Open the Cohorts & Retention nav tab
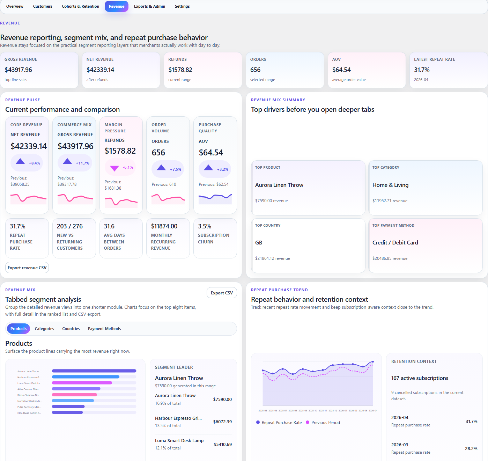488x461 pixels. (x=80, y=6)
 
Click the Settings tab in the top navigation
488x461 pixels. (x=182, y=6)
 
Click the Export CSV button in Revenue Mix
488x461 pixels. (x=222, y=293)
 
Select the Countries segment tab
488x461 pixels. (x=71, y=329)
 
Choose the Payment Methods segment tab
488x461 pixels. (x=104, y=329)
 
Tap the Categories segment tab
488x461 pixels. (x=44, y=329)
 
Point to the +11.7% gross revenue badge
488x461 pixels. (x=75, y=163)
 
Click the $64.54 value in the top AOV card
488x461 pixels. (x=341, y=70)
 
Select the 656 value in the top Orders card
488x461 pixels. (x=255, y=70)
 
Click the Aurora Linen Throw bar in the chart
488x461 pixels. (x=94, y=371)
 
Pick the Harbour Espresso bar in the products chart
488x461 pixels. (x=86, y=377)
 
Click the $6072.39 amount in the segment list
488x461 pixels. (x=222, y=422)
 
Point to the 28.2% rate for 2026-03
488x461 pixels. (x=471, y=449)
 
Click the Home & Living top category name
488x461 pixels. (x=390, y=185)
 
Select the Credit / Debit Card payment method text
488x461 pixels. (x=395, y=243)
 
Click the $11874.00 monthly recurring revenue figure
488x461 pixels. (x=164, y=226)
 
